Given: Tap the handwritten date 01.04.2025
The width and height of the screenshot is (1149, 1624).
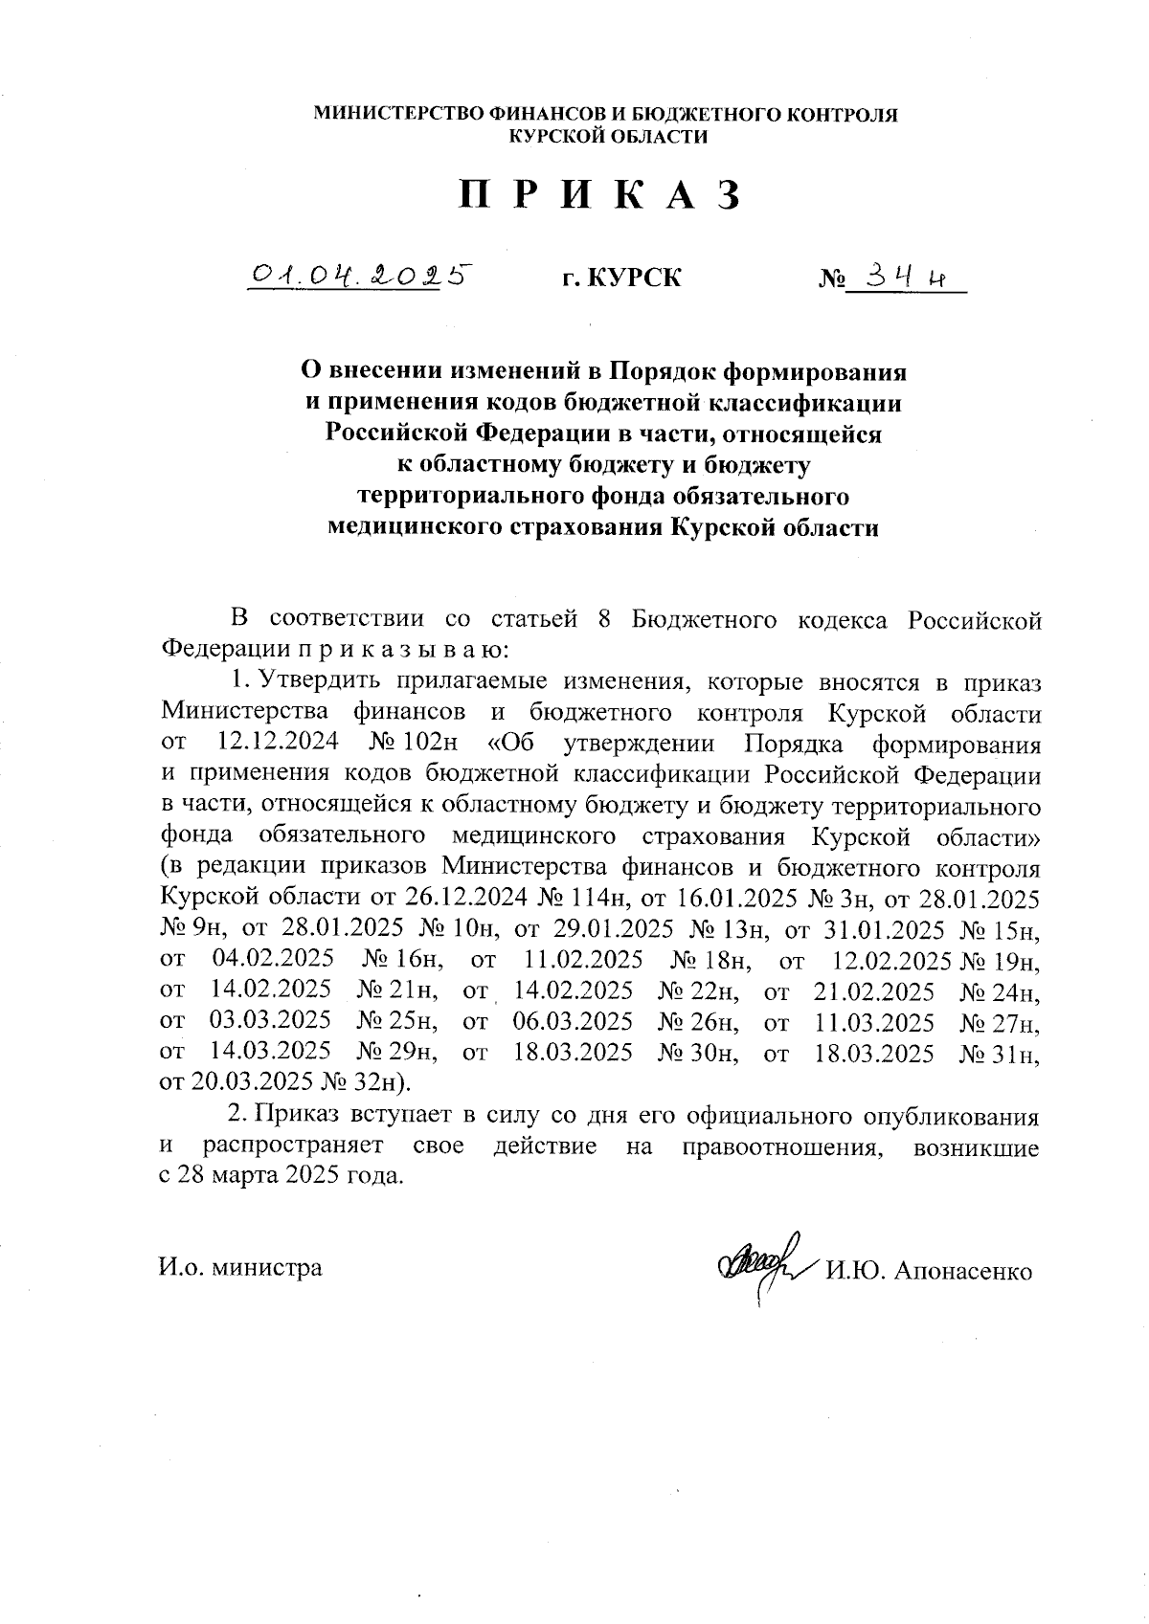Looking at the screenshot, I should tap(361, 276).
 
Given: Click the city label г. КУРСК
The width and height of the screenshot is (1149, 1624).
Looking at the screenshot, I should tap(621, 278).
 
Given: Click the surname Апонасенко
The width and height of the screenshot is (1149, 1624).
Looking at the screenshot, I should tap(963, 1272).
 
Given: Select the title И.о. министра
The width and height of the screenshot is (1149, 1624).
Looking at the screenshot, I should tap(240, 1268).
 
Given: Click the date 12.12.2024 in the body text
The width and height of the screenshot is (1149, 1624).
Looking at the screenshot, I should tap(273, 744).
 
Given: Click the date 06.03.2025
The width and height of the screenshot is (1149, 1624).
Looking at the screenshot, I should tap(573, 1021).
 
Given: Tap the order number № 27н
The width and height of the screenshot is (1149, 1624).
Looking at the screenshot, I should tap(1000, 1021).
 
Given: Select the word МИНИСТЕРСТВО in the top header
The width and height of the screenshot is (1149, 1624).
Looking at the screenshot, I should tap(400, 115).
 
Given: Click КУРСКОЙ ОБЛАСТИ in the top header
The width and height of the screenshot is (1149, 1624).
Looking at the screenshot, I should tap(608, 137).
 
